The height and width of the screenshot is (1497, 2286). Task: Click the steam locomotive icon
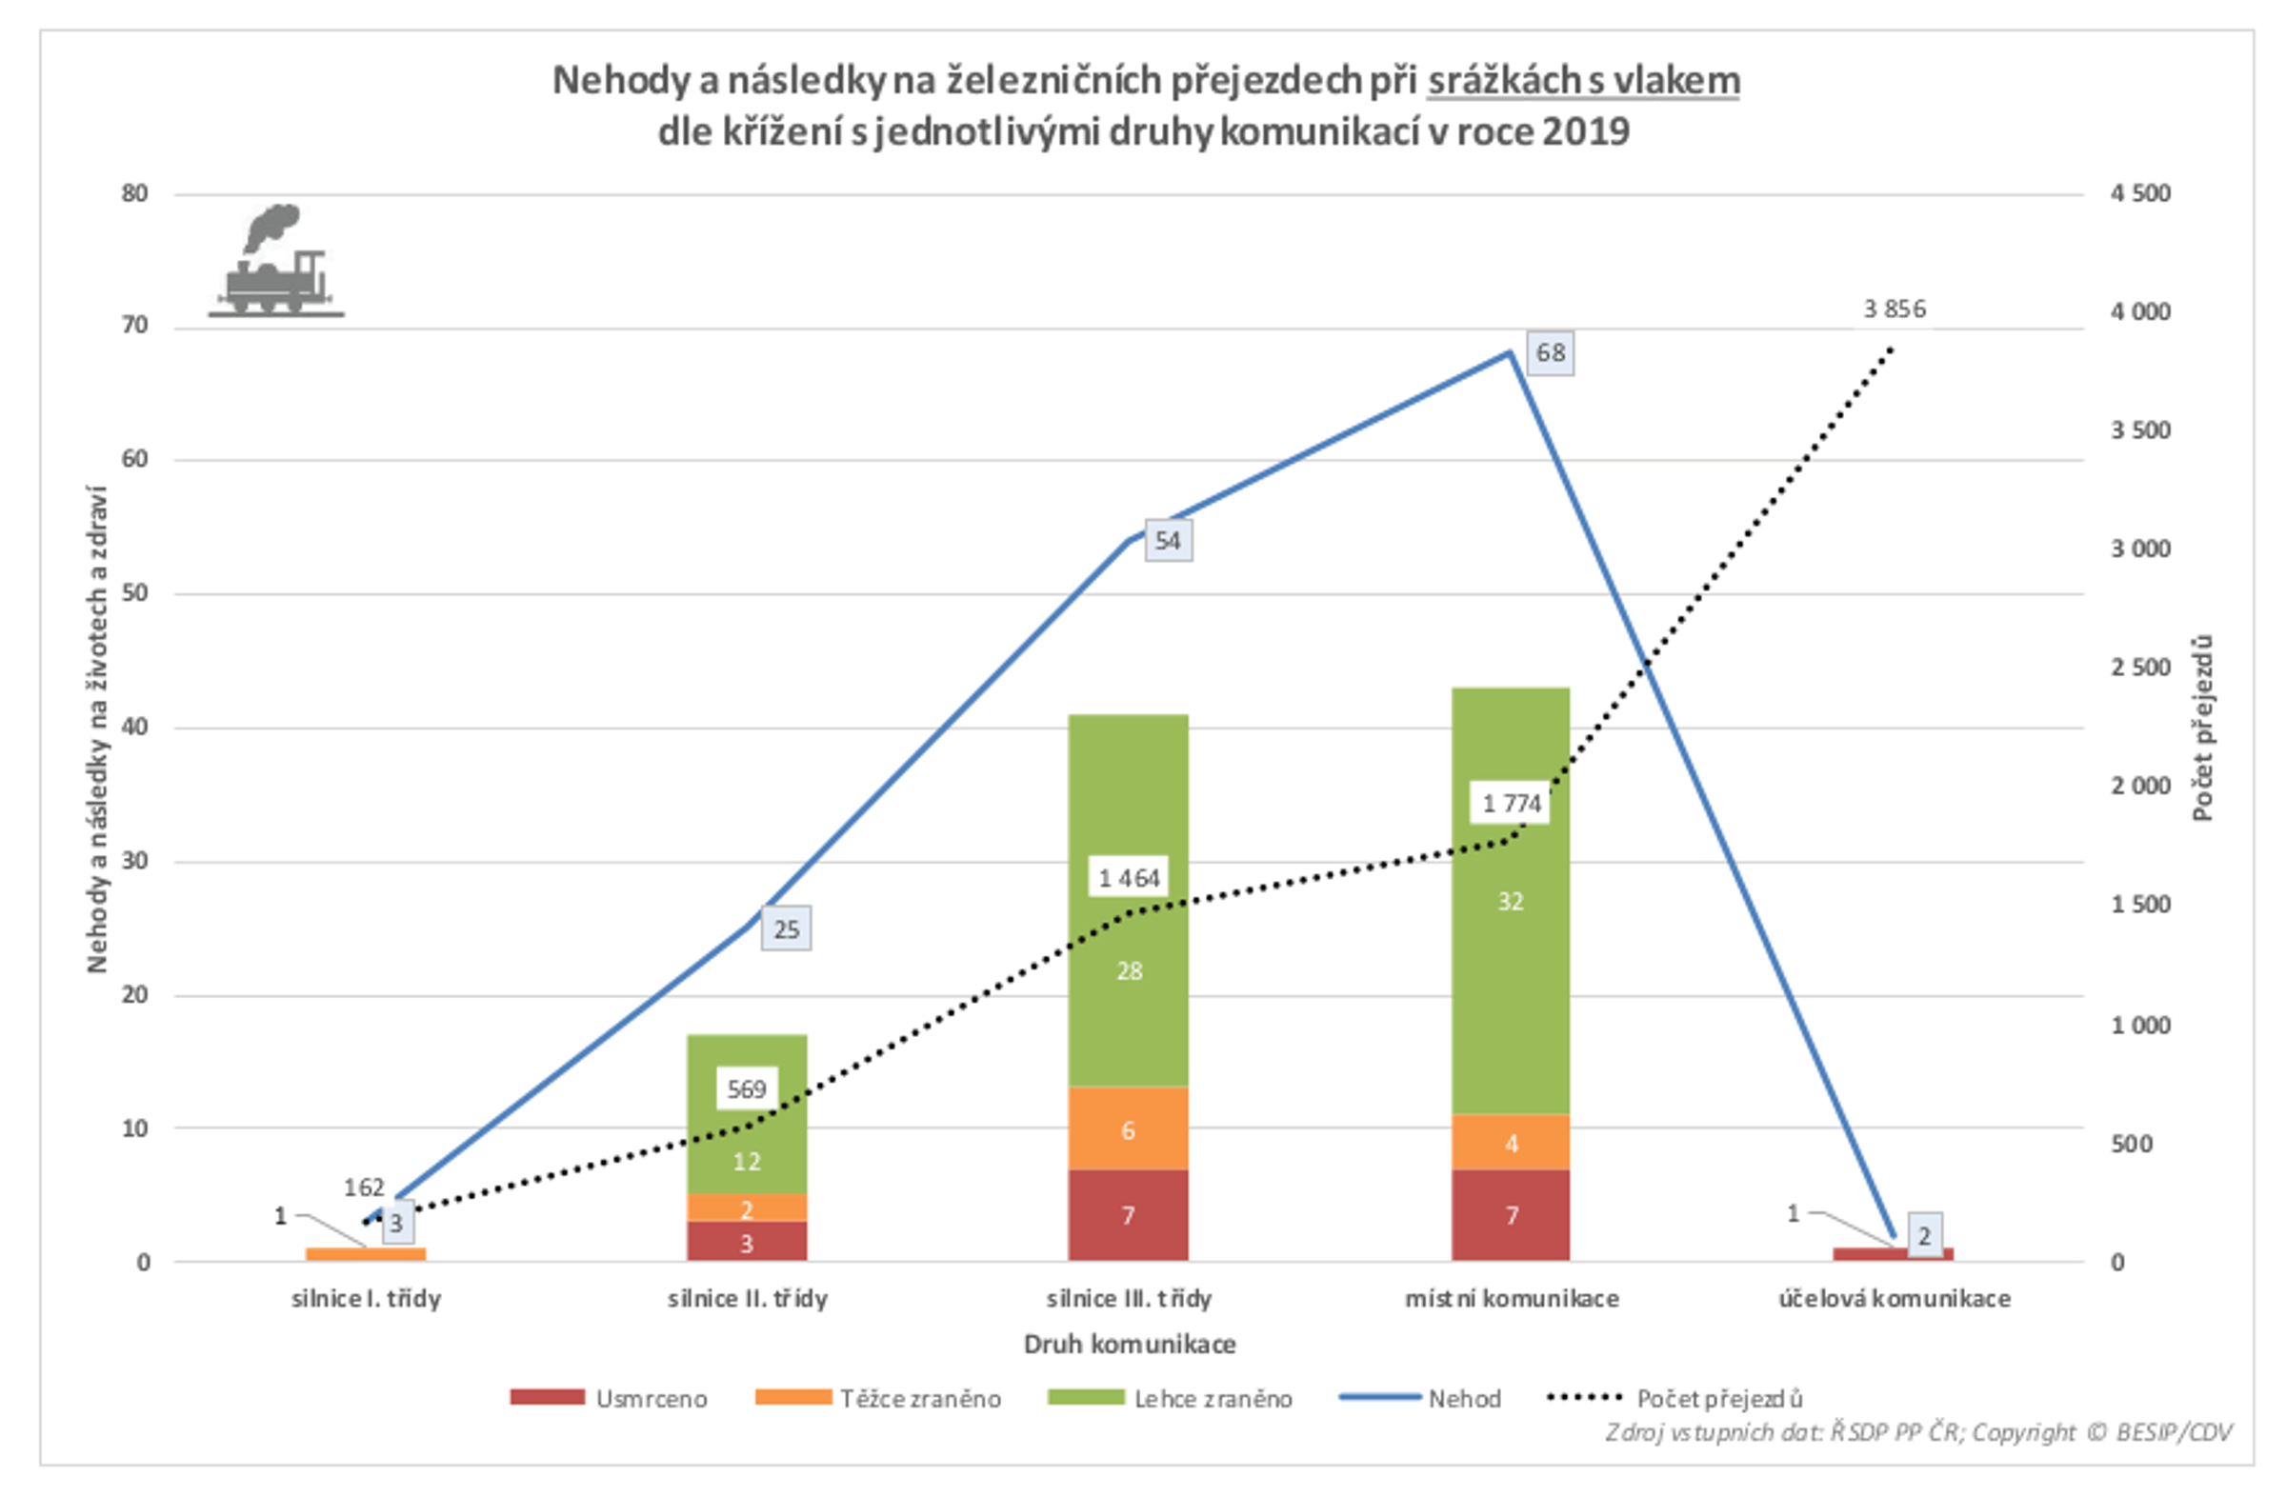[x=276, y=261]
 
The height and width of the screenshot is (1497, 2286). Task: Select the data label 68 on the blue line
[x=1550, y=352]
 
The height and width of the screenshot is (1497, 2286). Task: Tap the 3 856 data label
[x=1895, y=309]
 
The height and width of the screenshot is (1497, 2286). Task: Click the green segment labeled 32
[x=1510, y=901]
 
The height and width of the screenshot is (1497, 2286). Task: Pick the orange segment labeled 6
[x=1128, y=1129]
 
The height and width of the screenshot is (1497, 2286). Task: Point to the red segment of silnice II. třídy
[x=748, y=1242]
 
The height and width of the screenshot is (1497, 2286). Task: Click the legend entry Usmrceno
[x=609, y=1398]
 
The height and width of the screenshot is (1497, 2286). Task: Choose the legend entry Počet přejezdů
[x=1675, y=1398]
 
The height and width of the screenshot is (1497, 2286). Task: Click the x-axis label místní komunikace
[x=1512, y=1298]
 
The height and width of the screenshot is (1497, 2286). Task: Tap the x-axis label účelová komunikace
[x=1895, y=1298]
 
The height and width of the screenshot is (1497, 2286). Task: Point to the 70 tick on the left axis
[x=135, y=327]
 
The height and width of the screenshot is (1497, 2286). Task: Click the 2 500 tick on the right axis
[x=2140, y=668]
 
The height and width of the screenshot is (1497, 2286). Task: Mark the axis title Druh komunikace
[x=1130, y=1344]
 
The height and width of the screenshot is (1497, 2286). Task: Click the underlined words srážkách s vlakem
[x=1583, y=81]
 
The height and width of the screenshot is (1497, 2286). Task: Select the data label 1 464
[x=1129, y=878]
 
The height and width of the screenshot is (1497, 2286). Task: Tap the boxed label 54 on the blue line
[x=1167, y=541]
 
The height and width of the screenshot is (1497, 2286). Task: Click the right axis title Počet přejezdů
[x=2203, y=728]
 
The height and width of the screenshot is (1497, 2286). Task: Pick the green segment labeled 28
[x=1128, y=969]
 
